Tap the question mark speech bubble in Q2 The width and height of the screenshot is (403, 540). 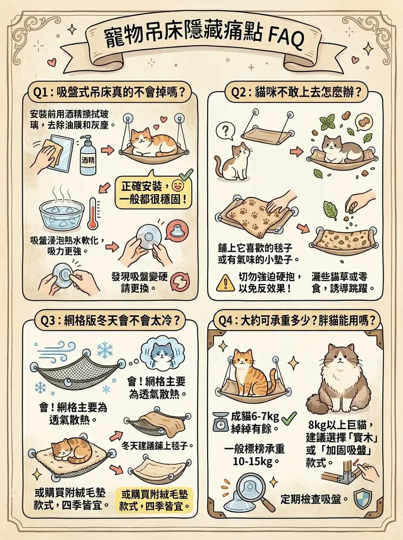224,130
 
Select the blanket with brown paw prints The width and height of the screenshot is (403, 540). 256,216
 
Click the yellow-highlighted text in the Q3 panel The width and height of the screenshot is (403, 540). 157,500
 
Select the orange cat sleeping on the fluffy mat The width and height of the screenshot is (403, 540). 74,452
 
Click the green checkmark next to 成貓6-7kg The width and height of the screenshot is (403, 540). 289,418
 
